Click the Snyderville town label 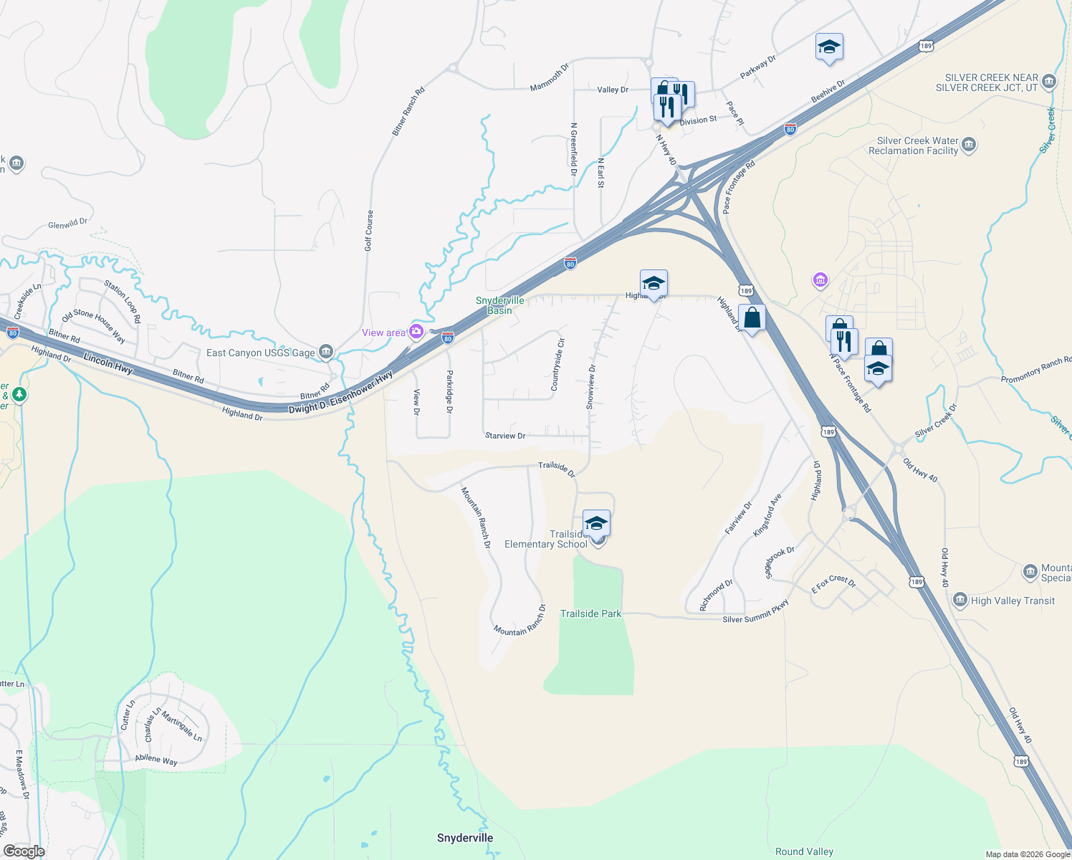tap(465, 838)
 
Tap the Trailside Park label tap(590, 613)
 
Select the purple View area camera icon tap(416, 331)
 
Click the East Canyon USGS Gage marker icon tap(326, 351)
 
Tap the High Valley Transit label tap(1012, 601)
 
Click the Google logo tap(24, 851)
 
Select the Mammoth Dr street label tap(549, 77)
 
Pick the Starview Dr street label tap(505, 436)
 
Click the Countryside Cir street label tap(557, 365)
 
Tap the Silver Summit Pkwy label tap(755, 611)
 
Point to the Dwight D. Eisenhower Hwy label tap(340, 392)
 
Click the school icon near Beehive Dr tap(828, 47)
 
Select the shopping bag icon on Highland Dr tap(752, 318)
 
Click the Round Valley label tap(804, 851)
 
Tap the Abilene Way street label tap(156, 760)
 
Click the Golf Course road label tap(368, 230)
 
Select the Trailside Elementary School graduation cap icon tap(596, 524)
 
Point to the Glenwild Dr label tap(67, 224)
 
